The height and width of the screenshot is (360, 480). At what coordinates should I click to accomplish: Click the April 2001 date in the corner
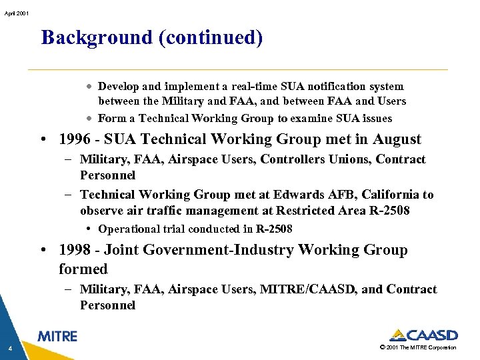(15, 13)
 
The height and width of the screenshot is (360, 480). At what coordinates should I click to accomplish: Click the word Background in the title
(97, 37)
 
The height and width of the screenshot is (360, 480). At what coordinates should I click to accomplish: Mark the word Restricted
(294, 211)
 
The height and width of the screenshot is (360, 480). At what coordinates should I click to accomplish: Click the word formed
(83, 269)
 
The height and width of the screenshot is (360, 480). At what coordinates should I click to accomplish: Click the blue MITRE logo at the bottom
(57, 337)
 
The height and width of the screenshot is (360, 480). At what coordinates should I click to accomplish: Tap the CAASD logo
(423, 335)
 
